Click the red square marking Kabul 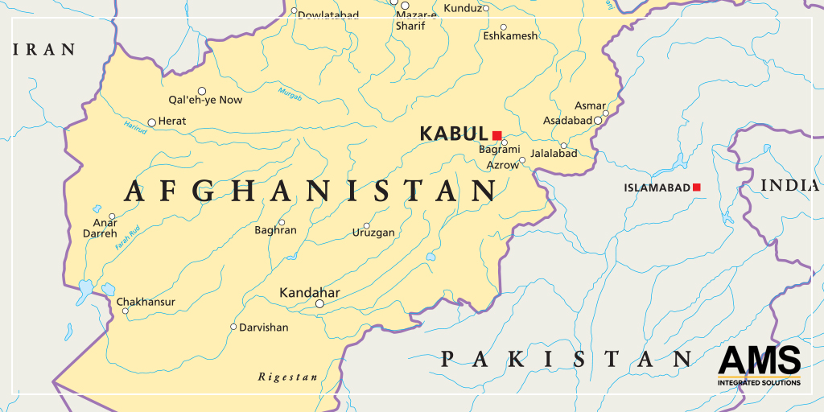point(497,135)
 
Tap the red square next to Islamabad point(697,187)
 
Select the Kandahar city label point(309,292)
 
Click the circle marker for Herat point(151,123)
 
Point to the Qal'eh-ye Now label point(204,100)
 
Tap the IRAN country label point(44,50)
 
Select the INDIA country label point(790,186)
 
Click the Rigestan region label point(287,377)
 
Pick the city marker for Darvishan point(233,327)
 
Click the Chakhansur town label point(146,302)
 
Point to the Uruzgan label point(373,233)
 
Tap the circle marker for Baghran point(282,222)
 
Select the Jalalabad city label point(554,153)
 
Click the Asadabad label point(567,121)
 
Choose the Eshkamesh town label point(510,36)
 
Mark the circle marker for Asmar point(605,113)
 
